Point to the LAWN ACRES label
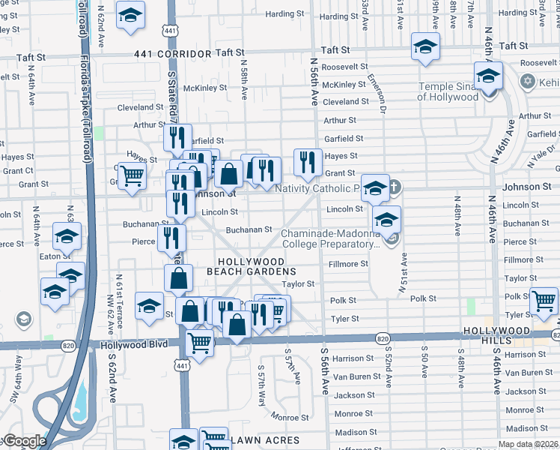click(265, 440)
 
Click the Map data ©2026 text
click(529, 443)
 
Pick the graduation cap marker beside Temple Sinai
click(487, 76)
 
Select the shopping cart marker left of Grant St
click(133, 177)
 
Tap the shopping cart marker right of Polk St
click(544, 301)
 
